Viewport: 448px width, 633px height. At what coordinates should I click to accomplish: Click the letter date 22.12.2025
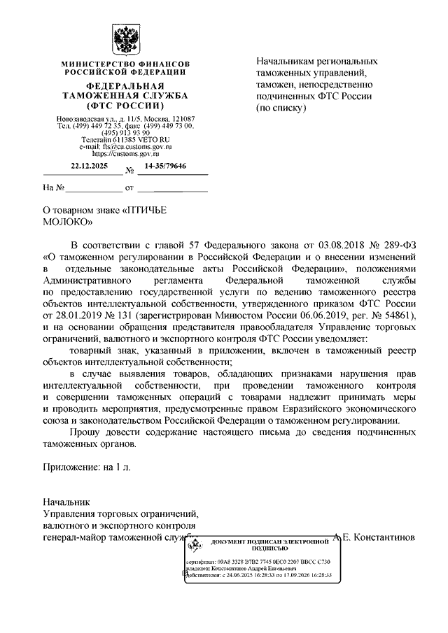coord(87,166)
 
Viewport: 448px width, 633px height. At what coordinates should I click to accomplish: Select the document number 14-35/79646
coord(165,166)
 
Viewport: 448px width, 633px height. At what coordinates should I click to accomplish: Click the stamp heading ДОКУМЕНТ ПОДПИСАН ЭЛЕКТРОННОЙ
coord(269,542)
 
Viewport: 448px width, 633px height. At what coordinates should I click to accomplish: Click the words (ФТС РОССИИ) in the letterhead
coord(126,105)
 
